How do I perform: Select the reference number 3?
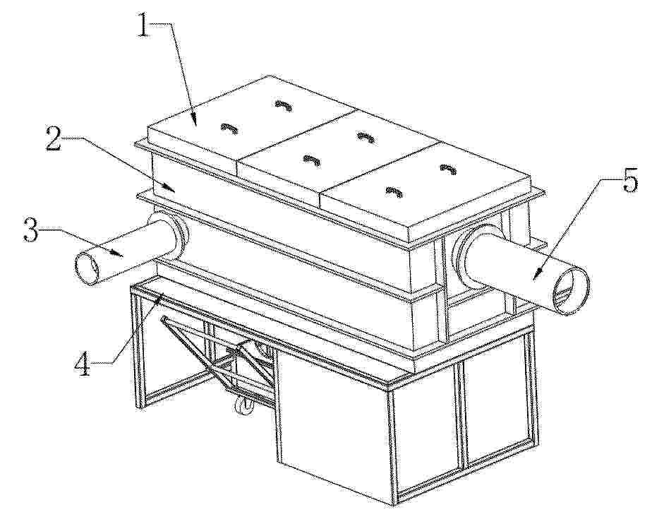32,230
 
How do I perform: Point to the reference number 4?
83,363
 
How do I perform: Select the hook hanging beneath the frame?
241,405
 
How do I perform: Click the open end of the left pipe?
87,268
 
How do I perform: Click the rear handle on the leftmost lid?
284,106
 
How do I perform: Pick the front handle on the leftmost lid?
229,129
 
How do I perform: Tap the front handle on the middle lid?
313,160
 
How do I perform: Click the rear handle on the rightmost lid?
449,169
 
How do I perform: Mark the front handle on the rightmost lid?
394,192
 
